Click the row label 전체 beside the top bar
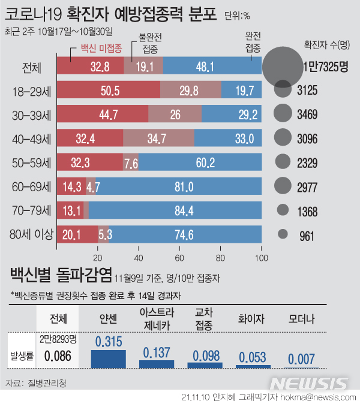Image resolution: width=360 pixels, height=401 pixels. coord(31,67)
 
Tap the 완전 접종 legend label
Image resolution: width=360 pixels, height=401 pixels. coord(253,43)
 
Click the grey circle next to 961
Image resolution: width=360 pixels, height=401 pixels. coord(283,234)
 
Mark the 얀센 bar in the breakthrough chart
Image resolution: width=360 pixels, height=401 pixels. coord(108,358)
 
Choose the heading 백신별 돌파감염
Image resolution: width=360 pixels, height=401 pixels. coord(60,276)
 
